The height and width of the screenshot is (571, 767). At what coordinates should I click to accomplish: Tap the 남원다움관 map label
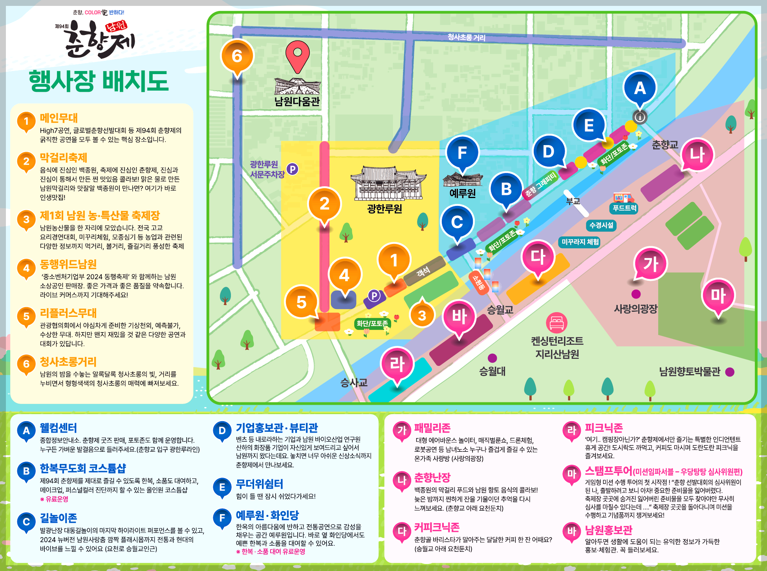coord(297,102)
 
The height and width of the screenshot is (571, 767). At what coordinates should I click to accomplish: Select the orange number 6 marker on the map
coord(237,56)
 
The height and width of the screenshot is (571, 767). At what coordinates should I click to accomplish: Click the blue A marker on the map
coord(640,88)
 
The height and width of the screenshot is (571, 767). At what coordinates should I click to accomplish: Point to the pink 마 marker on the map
coord(718,296)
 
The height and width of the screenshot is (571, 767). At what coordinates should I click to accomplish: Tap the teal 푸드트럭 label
coord(624,208)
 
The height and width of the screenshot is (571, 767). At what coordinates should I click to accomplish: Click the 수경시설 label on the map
coord(601,225)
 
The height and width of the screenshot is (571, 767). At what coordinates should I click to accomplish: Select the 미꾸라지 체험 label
coord(580,242)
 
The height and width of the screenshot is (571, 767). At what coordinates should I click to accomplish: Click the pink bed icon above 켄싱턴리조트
coord(556,323)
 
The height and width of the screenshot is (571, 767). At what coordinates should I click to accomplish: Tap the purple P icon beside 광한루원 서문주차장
coord(292,169)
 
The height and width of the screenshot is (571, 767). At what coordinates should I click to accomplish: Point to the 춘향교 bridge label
coord(665,145)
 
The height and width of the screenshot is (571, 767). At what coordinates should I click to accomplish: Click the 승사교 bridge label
coord(354,382)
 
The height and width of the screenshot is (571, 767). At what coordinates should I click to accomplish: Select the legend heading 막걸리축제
coord(64,158)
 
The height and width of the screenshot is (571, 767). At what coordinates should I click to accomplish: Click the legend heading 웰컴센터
coord(59,428)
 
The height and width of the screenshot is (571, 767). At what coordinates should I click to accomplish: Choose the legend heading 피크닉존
coord(604,428)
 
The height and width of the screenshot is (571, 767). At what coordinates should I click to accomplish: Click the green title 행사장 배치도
coord(99,81)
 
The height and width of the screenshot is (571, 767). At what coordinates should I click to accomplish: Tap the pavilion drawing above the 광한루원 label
coord(388,183)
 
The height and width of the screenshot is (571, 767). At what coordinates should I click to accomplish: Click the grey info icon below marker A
coord(640,117)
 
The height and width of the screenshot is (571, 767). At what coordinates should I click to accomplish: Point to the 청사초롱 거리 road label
coord(466,37)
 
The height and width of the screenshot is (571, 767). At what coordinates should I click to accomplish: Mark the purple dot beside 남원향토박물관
coord(730,372)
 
